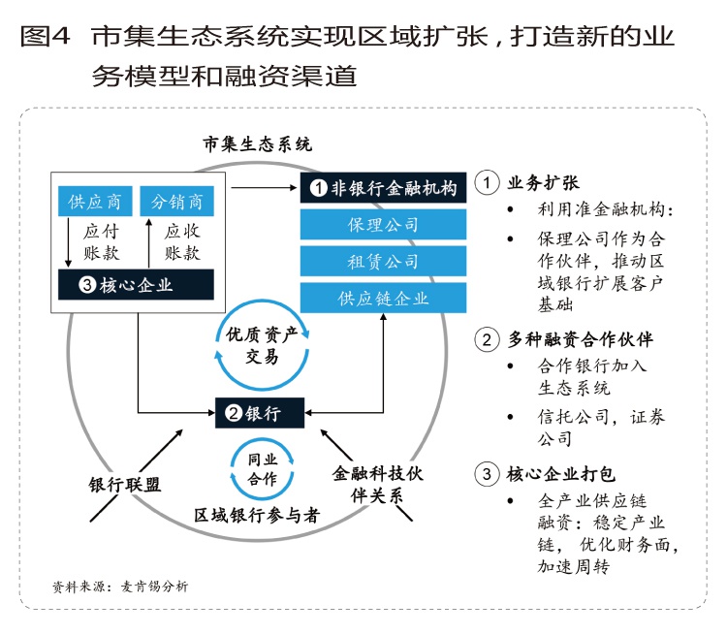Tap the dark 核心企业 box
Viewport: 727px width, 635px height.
click(136, 284)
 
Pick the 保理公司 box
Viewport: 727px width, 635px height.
click(384, 225)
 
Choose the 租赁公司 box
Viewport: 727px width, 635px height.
click(384, 261)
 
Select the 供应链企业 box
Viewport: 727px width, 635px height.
click(384, 298)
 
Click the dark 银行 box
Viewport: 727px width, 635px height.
click(259, 414)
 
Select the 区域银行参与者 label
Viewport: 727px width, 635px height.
click(257, 515)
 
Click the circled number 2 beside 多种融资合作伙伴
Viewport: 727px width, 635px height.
click(488, 339)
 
